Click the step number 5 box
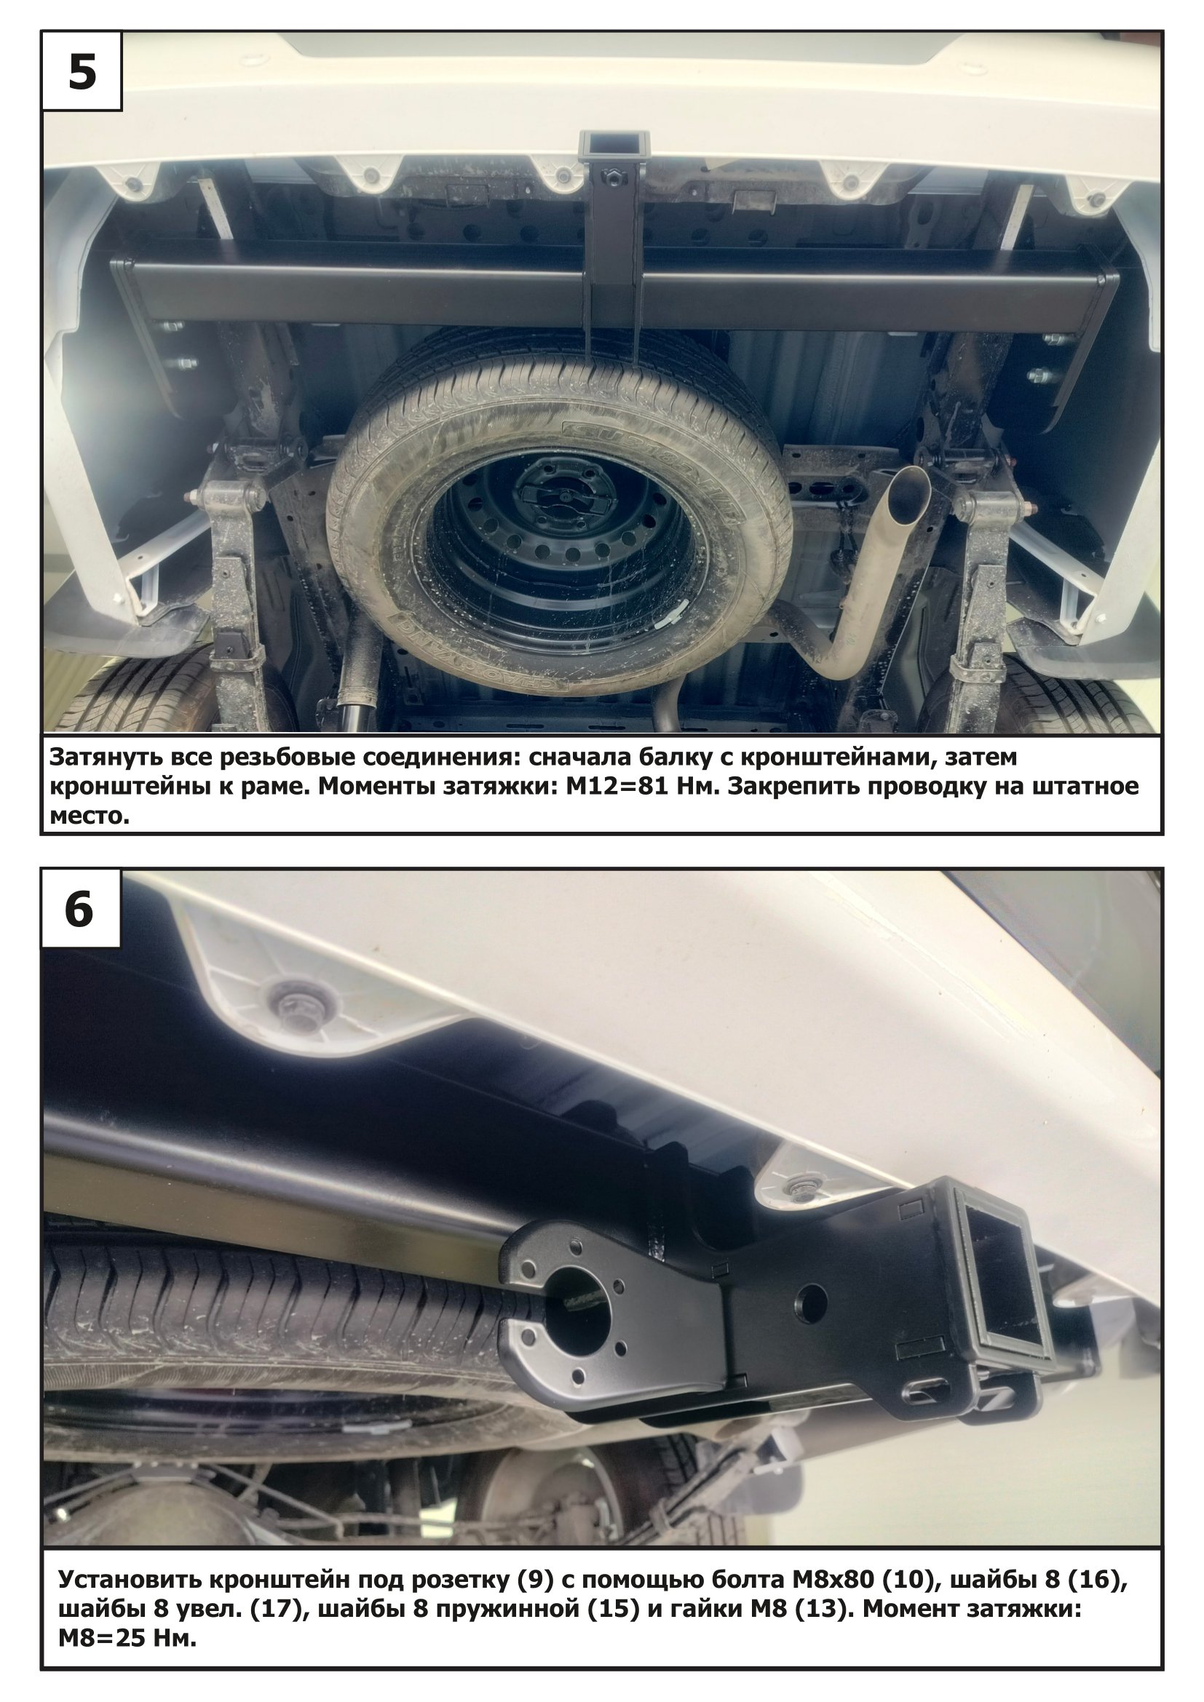82,71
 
